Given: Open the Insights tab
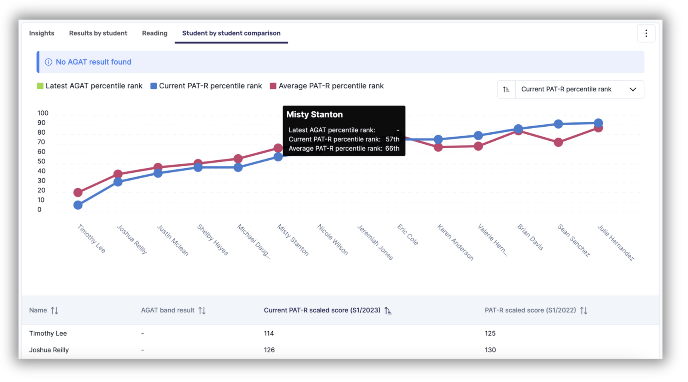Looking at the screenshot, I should [x=42, y=33].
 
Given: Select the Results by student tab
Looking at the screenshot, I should [x=98, y=33].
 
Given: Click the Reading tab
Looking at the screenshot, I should [x=154, y=33].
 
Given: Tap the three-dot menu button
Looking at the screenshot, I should [x=646, y=34].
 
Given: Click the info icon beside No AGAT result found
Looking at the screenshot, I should [x=48, y=62].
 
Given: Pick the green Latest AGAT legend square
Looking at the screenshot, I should [x=40, y=86].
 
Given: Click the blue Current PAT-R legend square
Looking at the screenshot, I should [x=154, y=86].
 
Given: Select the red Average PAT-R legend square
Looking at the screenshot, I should [x=273, y=86].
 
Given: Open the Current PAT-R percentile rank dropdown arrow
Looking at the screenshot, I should [x=633, y=90].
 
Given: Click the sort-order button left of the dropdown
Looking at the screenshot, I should [x=506, y=90].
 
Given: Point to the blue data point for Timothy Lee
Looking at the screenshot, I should [x=78, y=205].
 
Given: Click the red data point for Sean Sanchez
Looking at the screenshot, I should [x=558, y=142].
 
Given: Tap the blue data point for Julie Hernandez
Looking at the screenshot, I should [x=598, y=123].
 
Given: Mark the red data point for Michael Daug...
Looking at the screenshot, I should [x=238, y=159].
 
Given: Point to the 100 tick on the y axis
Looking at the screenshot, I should [x=43, y=113].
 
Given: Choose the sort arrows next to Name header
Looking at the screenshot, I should [x=55, y=310].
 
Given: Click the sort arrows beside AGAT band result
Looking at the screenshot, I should [x=202, y=310].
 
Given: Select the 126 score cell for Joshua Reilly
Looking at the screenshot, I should [x=269, y=350].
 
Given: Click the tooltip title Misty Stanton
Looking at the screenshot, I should [x=314, y=115].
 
